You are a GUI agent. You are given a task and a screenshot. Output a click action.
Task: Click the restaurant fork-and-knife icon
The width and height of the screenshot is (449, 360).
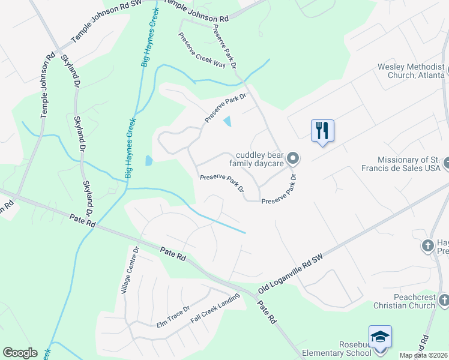click(x=322, y=130)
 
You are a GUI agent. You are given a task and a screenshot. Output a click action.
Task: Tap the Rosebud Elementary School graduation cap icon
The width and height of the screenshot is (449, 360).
click(x=379, y=337)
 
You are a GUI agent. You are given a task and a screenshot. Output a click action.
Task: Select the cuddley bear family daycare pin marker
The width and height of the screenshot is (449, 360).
click(x=293, y=158)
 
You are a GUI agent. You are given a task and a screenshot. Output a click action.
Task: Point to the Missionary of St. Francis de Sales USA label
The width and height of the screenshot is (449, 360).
click(x=409, y=164)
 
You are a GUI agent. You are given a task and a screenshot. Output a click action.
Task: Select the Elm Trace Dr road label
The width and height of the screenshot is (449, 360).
click(x=173, y=316)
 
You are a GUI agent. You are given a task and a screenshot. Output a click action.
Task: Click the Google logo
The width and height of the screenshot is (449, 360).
click(x=20, y=353)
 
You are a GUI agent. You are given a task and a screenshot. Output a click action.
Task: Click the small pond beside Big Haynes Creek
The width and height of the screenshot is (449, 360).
click(x=149, y=160)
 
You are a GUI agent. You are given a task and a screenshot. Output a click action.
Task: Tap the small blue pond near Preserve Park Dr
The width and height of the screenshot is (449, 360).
click(x=227, y=122)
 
